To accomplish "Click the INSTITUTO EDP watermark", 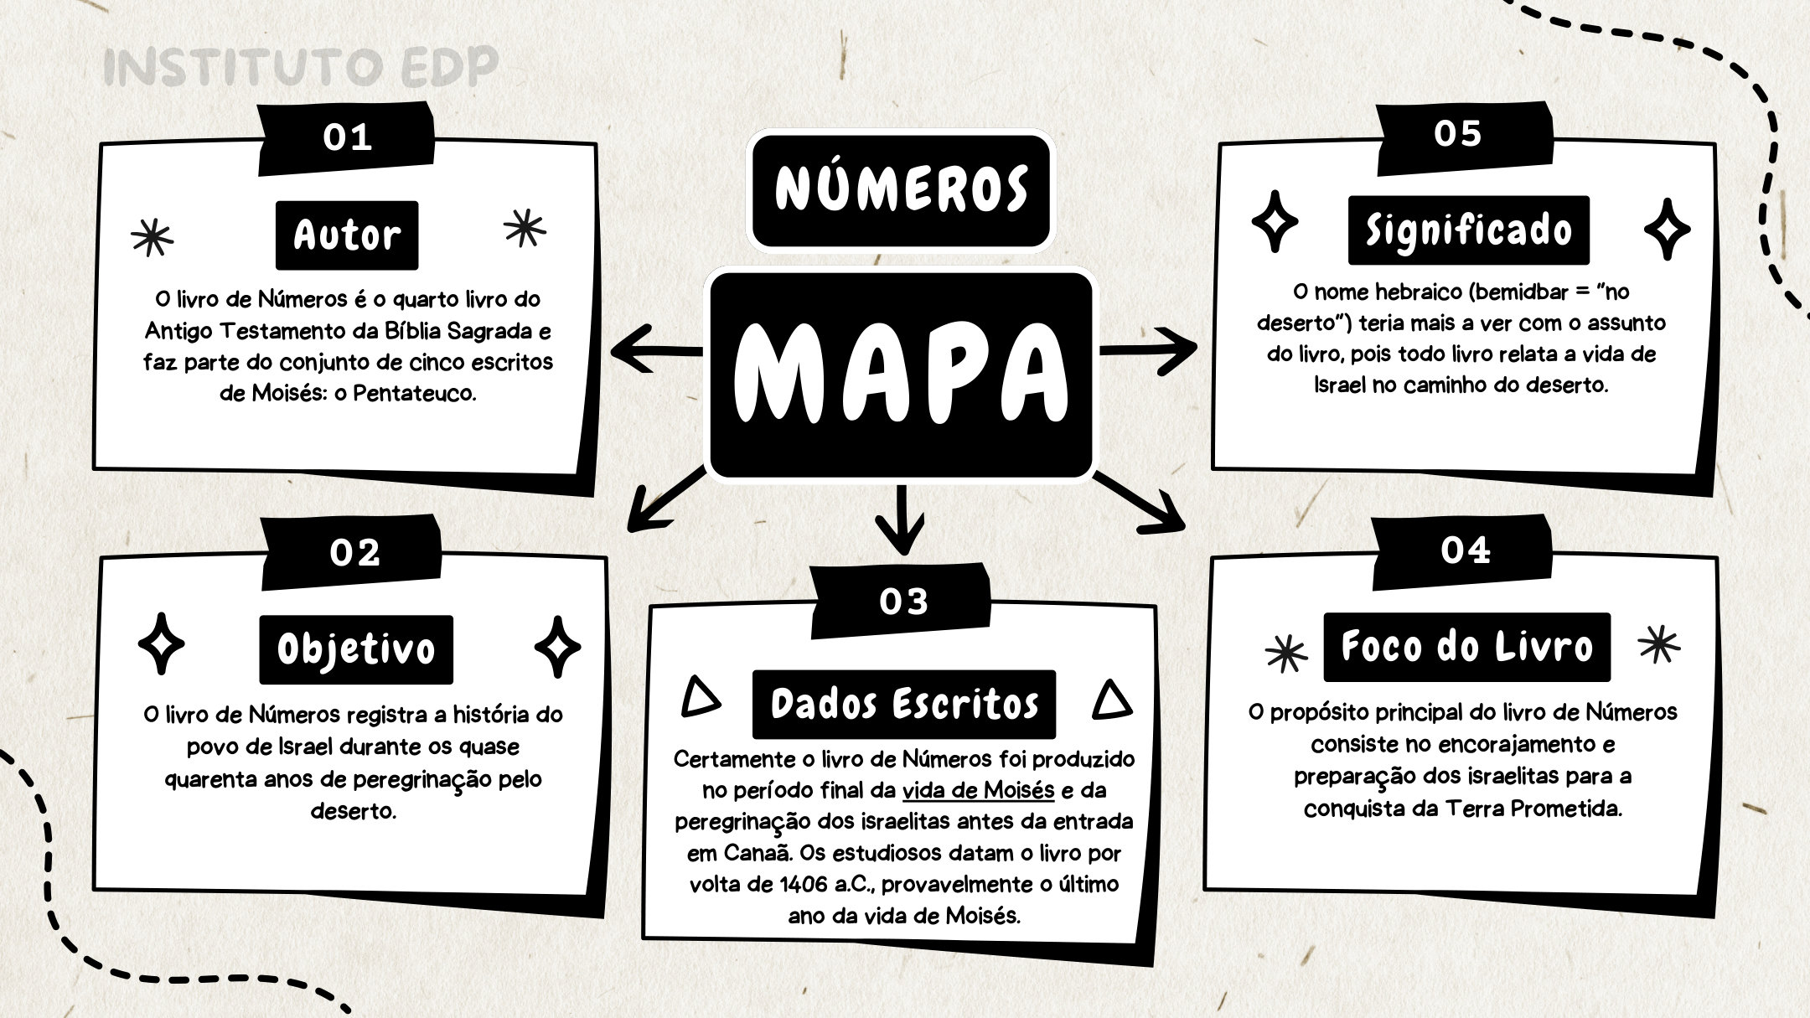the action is pyautogui.click(x=301, y=67).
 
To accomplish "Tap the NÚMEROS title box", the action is pyautogui.click(x=901, y=189).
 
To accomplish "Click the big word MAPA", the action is pyautogui.click(x=901, y=374).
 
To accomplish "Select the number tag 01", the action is pyautogui.click(x=347, y=137).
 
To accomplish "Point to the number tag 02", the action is pyautogui.click(x=354, y=553).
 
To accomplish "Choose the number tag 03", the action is pyautogui.click(x=903, y=602).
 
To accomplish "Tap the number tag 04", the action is pyautogui.click(x=1465, y=550).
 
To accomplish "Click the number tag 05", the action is pyautogui.click(x=1458, y=134).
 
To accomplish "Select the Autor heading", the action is pyautogui.click(x=347, y=235).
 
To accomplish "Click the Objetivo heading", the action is pyautogui.click(x=356, y=650).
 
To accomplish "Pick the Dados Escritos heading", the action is pyautogui.click(x=904, y=705).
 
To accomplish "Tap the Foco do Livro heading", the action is pyautogui.click(x=1467, y=647).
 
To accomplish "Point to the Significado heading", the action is pyautogui.click(x=1469, y=230).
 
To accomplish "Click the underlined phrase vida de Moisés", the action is pyautogui.click(x=978, y=790).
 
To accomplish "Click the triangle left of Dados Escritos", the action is pyautogui.click(x=701, y=698).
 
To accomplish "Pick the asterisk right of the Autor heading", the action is pyautogui.click(x=525, y=228).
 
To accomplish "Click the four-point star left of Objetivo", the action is pyautogui.click(x=161, y=643).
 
